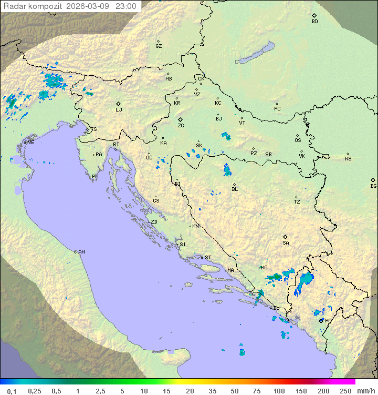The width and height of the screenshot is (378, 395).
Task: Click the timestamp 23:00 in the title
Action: (126, 6)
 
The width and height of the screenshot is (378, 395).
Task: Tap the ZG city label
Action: (181, 126)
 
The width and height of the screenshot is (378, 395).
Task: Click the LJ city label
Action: (119, 109)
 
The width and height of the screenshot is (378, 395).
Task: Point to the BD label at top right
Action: (314, 22)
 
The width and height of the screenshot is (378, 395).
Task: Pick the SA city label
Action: (286, 242)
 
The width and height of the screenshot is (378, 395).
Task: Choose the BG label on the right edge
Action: (373, 186)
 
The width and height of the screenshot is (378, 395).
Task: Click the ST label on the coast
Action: (208, 258)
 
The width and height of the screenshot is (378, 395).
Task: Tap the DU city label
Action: (276, 308)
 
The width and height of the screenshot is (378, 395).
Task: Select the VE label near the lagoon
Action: (31, 143)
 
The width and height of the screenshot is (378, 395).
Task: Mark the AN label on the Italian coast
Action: (81, 252)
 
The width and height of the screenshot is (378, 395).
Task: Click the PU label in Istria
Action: (95, 177)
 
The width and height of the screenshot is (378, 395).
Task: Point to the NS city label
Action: (348, 159)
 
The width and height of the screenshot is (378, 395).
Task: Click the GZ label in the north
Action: (159, 46)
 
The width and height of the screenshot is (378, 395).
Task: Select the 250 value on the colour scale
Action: (345, 391)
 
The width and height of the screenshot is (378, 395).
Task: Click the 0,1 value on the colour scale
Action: (12, 391)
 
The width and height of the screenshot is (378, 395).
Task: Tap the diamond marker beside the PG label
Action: (321, 320)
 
